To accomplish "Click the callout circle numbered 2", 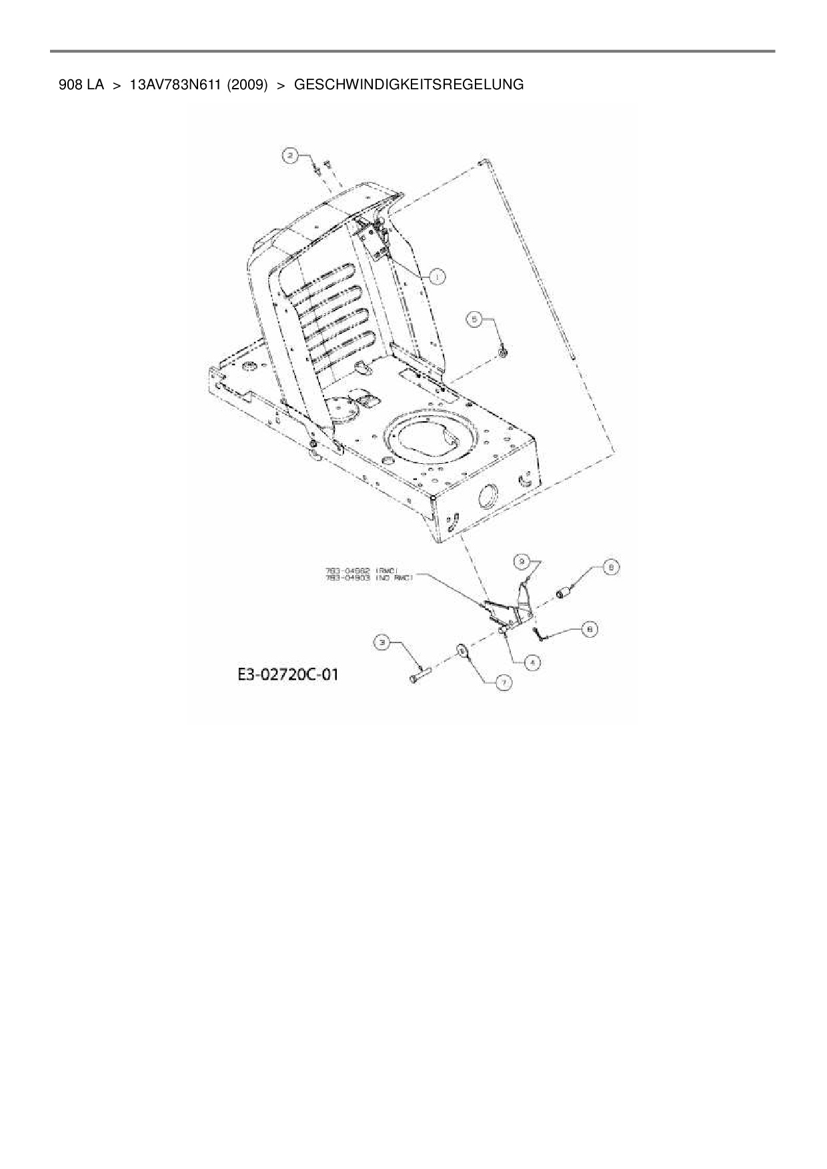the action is click(289, 156).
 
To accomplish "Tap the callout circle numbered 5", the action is click(474, 320).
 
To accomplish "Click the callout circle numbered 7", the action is click(504, 682).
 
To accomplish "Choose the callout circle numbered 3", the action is click(382, 642).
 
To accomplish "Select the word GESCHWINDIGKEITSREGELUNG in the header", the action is click(408, 85).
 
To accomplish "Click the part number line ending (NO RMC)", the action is click(368, 578).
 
